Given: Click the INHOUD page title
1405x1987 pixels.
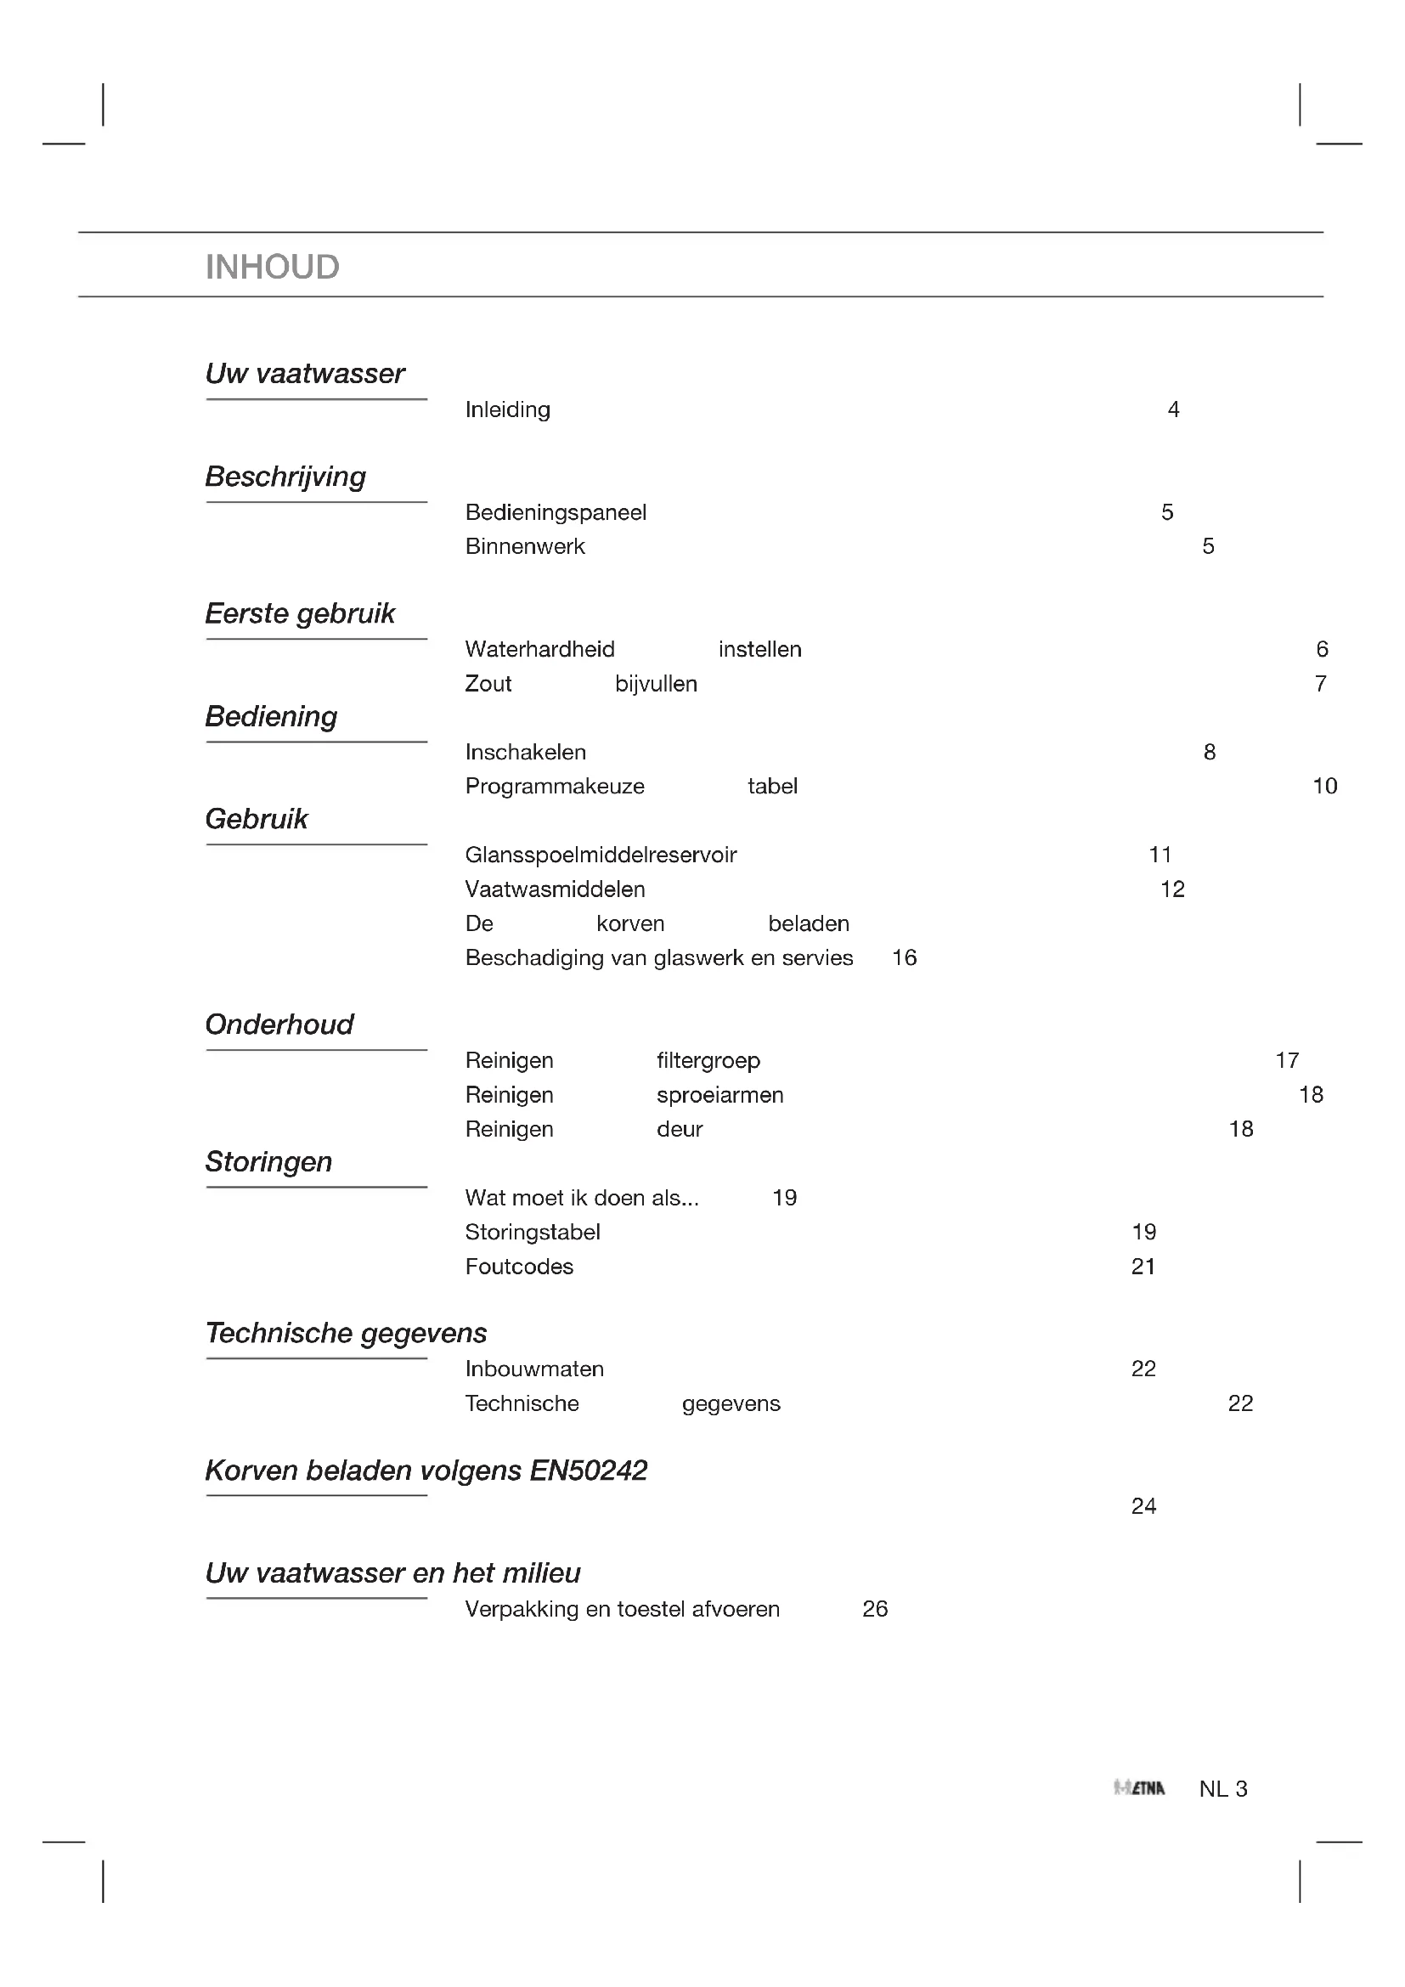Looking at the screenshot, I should click(272, 267).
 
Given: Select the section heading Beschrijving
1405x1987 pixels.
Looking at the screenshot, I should click(285, 477).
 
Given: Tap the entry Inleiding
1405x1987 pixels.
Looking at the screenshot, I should click(507, 409).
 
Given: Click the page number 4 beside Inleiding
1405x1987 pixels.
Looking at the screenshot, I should click(1173, 409).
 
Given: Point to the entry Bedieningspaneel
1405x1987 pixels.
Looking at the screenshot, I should click(556, 512).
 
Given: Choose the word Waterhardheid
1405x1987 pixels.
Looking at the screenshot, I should click(540, 649).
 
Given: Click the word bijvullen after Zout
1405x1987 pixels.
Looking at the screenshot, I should click(656, 684).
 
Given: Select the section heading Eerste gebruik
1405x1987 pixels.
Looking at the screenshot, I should click(299, 613).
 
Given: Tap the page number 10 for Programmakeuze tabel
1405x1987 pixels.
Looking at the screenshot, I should click(1324, 786).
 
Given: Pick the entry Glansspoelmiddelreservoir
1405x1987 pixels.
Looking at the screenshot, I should click(601, 855).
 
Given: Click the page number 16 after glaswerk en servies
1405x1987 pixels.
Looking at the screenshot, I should click(904, 957).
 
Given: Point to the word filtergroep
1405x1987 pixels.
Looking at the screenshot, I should click(708, 1060).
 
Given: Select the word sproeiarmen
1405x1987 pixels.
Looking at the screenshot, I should click(719, 1095).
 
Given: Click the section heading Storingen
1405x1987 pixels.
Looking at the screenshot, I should click(268, 1161).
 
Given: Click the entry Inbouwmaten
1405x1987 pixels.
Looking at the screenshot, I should click(533, 1369).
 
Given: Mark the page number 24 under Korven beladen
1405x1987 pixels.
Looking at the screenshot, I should click(1143, 1506).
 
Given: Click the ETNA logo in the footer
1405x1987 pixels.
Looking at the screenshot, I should click(1138, 1789).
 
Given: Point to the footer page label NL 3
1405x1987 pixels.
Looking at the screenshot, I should click(1222, 1789).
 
